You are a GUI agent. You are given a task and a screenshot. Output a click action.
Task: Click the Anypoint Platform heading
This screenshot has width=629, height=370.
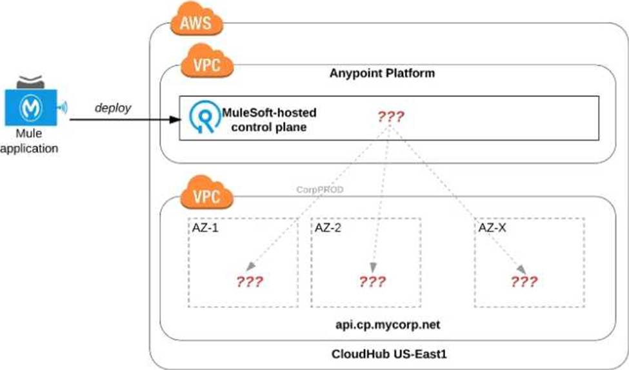click(382, 73)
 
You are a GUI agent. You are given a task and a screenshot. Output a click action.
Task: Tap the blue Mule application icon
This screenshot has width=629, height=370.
click(30, 107)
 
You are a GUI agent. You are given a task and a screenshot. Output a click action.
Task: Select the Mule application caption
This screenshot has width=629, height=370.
click(30, 142)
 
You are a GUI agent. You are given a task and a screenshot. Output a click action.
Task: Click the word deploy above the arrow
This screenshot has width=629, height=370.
click(113, 107)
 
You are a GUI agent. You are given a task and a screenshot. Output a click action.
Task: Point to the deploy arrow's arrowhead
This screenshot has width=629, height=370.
click(176, 119)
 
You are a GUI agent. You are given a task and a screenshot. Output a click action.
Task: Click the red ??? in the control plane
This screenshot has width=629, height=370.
click(390, 117)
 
